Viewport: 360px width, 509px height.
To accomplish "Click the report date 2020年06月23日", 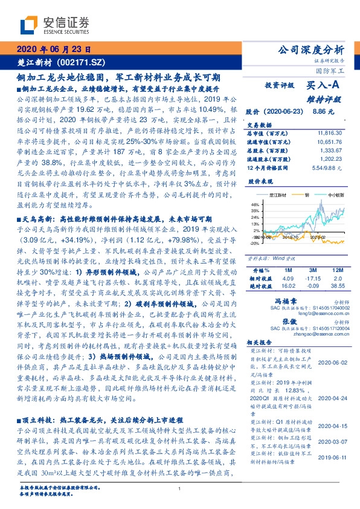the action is (x=54, y=50).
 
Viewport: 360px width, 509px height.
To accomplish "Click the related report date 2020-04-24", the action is (x=330, y=399).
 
